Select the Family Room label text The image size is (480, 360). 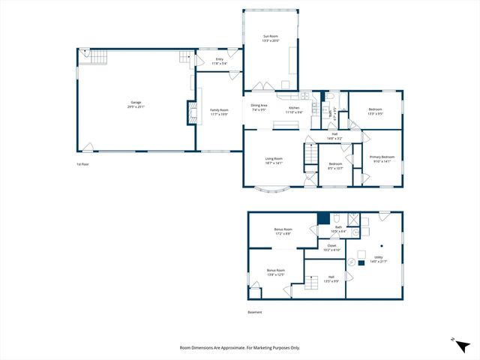pyautogui.click(x=219, y=112)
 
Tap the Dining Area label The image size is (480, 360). pyautogui.click(x=259, y=107)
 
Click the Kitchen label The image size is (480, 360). pyautogui.click(x=295, y=109)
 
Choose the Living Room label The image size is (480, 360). pyautogui.click(x=274, y=160)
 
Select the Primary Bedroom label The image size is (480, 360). pyautogui.click(x=382, y=159)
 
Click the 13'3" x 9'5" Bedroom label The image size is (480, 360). pyautogui.click(x=375, y=112)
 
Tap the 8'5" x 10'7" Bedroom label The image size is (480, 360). pyautogui.click(x=334, y=166)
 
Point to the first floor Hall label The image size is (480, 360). pyautogui.click(x=334, y=136)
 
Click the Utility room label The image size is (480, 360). pyautogui.click(x=378, y=259)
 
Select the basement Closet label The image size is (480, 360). pyautogui.click(x=331, y=247)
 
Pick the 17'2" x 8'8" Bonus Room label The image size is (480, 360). pyautogui.click(x=283, y=231)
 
